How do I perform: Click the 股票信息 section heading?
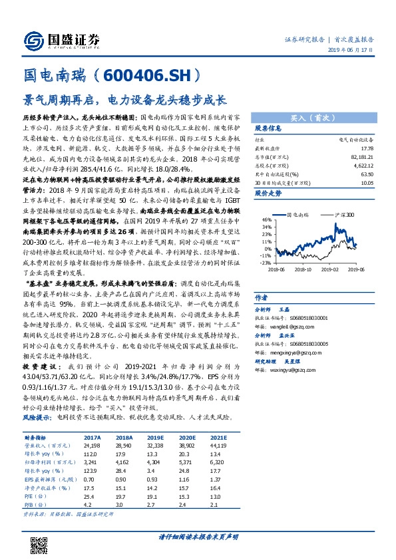pos(269,128)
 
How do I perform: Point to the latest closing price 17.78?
pos(364,148)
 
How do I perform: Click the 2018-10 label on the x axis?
pos(304,269)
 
